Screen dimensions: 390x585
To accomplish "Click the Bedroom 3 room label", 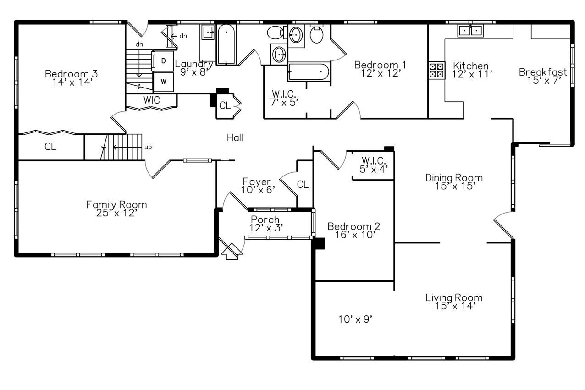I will point(71,78).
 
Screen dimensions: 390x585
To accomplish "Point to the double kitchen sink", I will point(470,31).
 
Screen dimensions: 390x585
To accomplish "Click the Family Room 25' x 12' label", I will point(116,209).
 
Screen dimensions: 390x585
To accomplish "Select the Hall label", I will point(235,137).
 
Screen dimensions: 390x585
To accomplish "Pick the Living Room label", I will point(454,302).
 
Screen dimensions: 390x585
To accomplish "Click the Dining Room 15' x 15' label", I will point(454,181).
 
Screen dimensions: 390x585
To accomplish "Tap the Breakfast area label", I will point(543,76).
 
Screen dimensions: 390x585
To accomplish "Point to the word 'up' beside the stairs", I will point(148,147).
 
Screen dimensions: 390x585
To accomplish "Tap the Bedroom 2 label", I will point(353,231).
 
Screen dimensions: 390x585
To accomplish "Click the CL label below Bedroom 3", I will point(50,147).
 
